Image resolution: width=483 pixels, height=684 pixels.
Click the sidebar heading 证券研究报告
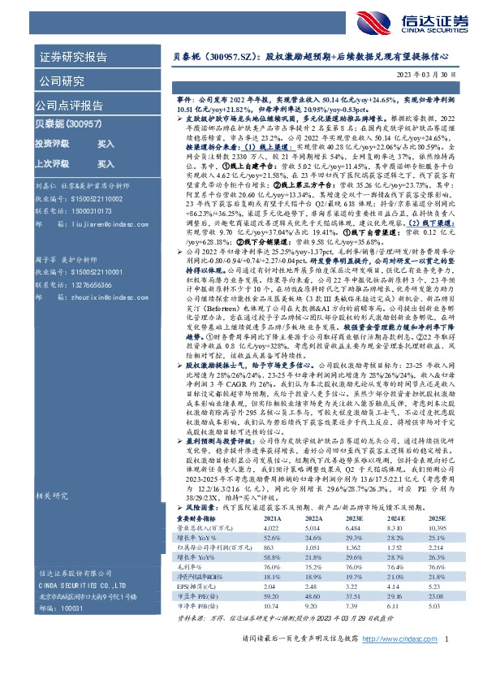[73, 58]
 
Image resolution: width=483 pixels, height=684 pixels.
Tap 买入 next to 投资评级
[106, 143]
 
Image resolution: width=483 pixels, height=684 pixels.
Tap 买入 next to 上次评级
[106, 162]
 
